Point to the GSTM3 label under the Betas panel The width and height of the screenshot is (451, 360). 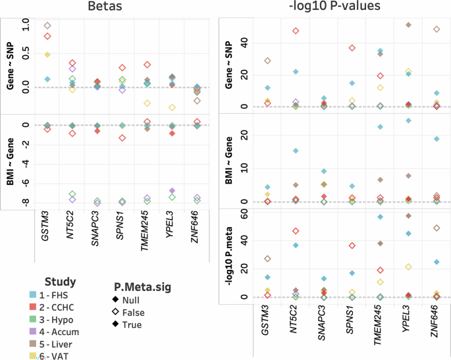tap(46, 225)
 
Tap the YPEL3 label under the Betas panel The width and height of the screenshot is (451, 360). tap(171, 225)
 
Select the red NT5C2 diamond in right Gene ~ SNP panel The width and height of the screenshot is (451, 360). tap(296, 31)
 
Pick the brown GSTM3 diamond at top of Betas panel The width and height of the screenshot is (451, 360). tap(47, 26)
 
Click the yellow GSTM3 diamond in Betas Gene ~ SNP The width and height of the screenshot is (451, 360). tap(47, 55)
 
